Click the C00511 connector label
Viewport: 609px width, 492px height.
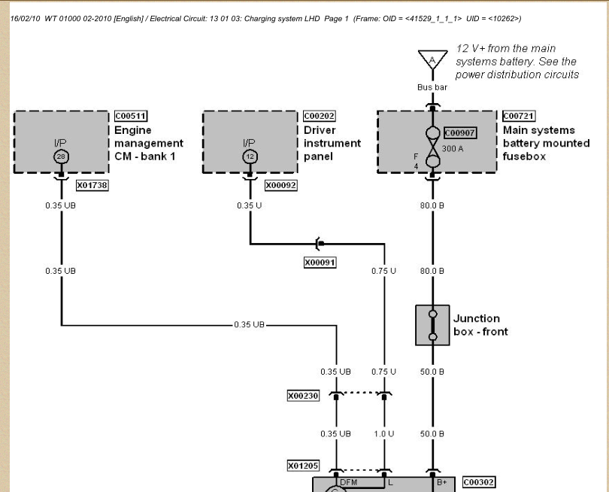point(131,116)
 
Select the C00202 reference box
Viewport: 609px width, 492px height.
point(320,116)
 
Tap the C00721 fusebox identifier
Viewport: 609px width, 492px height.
point(519,116)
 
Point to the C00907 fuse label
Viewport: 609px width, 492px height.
point(460,133)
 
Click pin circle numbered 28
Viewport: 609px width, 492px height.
point(61,156)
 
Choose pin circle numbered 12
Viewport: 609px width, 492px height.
point(250,156)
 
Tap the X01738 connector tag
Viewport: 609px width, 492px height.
point(92,185)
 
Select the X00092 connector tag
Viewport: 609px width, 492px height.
point(280,185)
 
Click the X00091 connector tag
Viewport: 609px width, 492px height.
point(320,263)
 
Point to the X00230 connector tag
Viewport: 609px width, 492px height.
point(303,396)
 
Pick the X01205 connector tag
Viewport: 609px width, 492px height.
point(303,466)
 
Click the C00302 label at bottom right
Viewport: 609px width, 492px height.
point(479,482)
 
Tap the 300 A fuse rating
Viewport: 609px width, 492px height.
point(453,149)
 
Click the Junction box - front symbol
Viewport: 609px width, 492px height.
point(432,325)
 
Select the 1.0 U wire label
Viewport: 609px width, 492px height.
point(384,434)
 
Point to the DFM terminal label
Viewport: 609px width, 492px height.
point(348,482)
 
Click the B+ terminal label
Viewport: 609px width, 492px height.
point(442,482)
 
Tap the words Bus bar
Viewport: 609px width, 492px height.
point(432,87)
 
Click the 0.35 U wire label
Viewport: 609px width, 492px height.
point(250,205)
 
